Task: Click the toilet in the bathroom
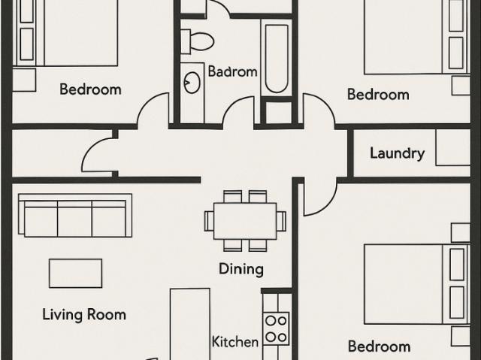coord(197,41)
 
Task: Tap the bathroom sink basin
coord(192,82)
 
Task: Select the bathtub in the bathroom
coord(277,59)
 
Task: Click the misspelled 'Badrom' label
coord(232,71)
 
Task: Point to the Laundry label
coord(398,153)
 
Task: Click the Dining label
coord(241,269)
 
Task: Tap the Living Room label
coord(84,315)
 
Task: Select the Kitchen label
coord(235,342)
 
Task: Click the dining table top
coord(245,221)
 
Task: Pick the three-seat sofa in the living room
coord(75,215)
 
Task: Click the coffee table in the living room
coord(75,274)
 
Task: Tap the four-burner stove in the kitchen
coord(276,329)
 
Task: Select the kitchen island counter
coord(190,324)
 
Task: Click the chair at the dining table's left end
coord(209,221)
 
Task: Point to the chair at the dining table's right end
coord(281,221)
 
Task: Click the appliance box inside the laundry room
coord(452,147)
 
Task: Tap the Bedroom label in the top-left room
coord(90,89)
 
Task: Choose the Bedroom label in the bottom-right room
coord(379,346)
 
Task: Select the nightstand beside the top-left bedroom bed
coord(24,80)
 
